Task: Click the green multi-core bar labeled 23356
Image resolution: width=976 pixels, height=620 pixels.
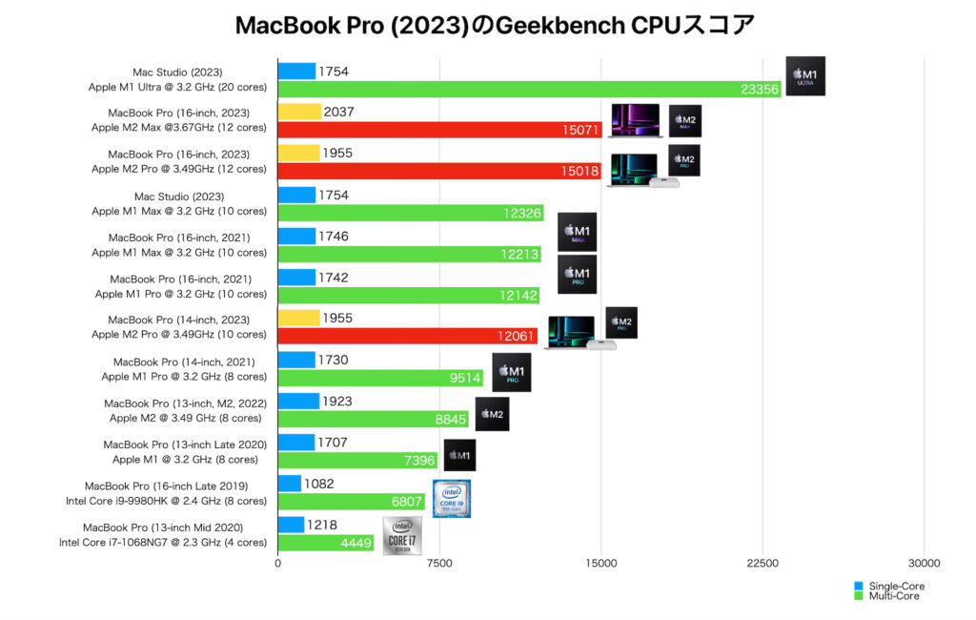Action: tap(529, 89)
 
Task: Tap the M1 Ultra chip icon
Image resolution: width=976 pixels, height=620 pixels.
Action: tap(805, 76)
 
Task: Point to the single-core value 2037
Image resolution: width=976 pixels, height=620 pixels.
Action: tap(339, 113)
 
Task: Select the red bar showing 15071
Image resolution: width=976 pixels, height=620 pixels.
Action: tap(439, 130)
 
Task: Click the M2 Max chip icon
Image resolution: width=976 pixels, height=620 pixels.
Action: tap(684, 121)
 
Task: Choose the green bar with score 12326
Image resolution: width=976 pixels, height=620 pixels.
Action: tap(410, 213)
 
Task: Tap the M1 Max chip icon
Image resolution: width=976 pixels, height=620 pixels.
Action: tap(577, 232)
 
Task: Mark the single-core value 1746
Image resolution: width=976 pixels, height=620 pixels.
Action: tap(336, 237)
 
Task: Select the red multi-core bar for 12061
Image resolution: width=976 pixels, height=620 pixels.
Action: tap(407, 336)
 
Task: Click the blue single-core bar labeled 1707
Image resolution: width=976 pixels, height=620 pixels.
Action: tap(295, 443)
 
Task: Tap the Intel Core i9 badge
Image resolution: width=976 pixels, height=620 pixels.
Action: tap(451, 498)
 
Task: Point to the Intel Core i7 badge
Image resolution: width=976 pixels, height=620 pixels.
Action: tap(401, 535)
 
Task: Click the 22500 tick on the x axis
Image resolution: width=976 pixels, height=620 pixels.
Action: tap(762, 563)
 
